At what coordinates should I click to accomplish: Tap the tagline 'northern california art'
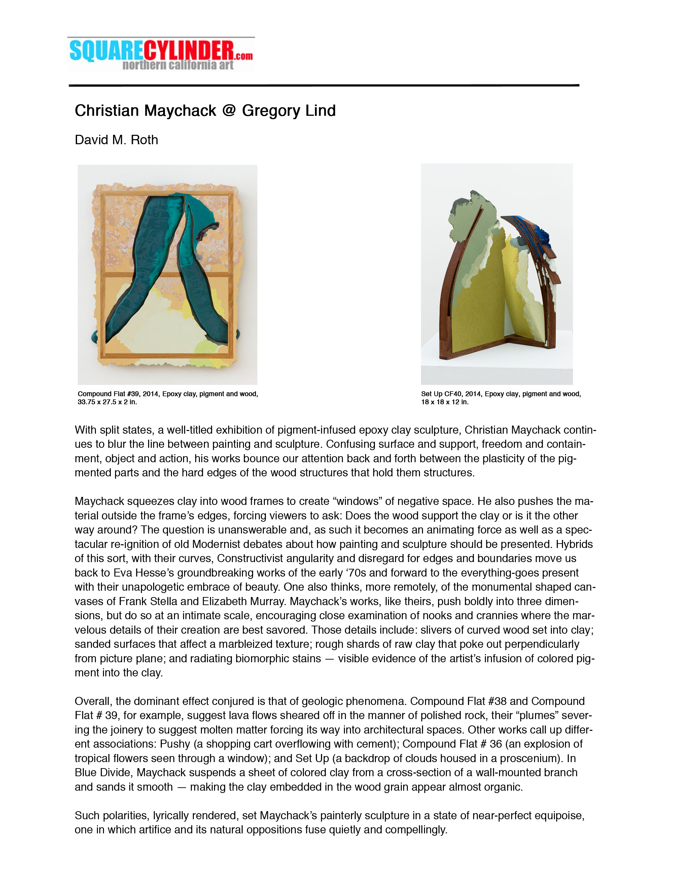[178, 65]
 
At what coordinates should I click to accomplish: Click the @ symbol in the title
[229, 110]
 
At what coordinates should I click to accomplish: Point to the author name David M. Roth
[116, 140]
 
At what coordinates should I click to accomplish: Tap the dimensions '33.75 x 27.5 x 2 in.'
[107, 402]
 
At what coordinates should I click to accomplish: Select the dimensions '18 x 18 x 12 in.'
[445, 402]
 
